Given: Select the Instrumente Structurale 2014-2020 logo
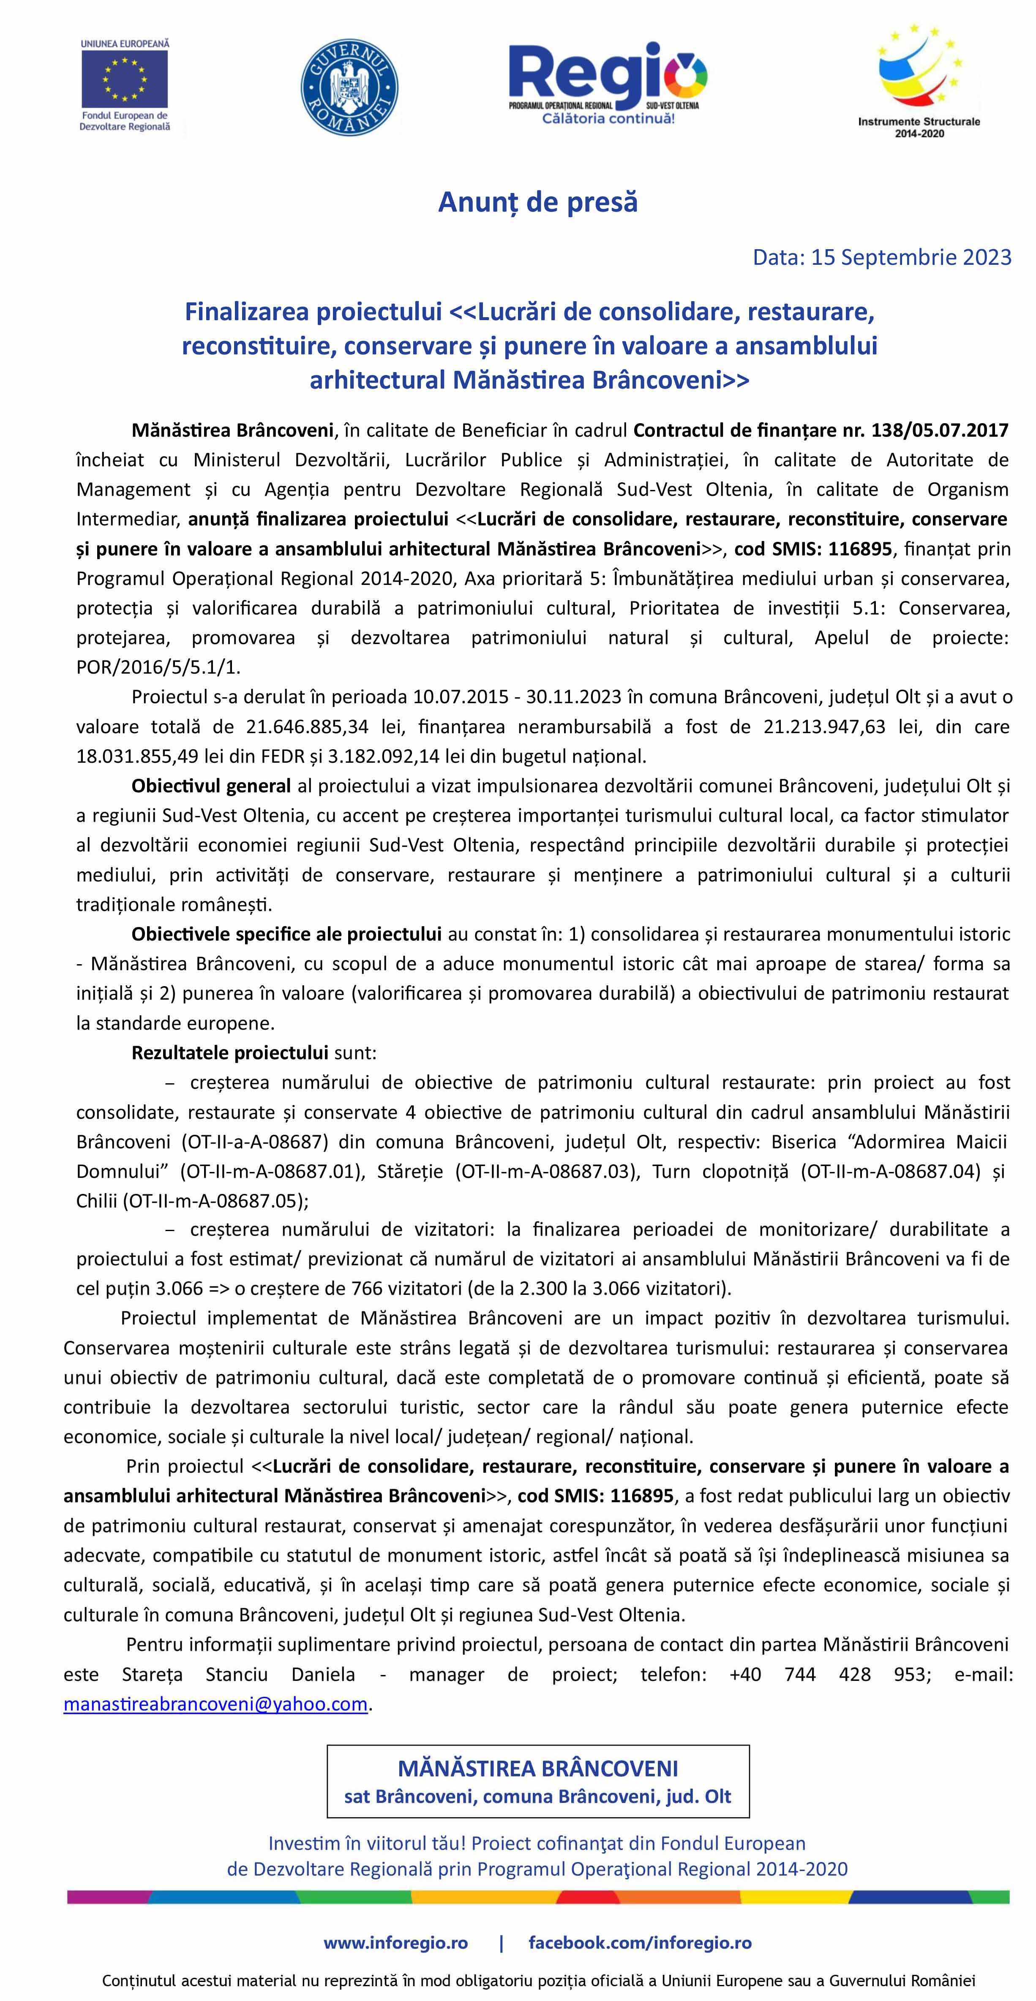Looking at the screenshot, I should [919, 78].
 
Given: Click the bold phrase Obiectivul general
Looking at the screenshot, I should [210, 786].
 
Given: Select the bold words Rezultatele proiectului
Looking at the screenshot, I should [229, 1052].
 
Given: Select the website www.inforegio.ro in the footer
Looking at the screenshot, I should [395, 1943].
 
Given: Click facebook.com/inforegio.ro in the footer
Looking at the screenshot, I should [640, 1943].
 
